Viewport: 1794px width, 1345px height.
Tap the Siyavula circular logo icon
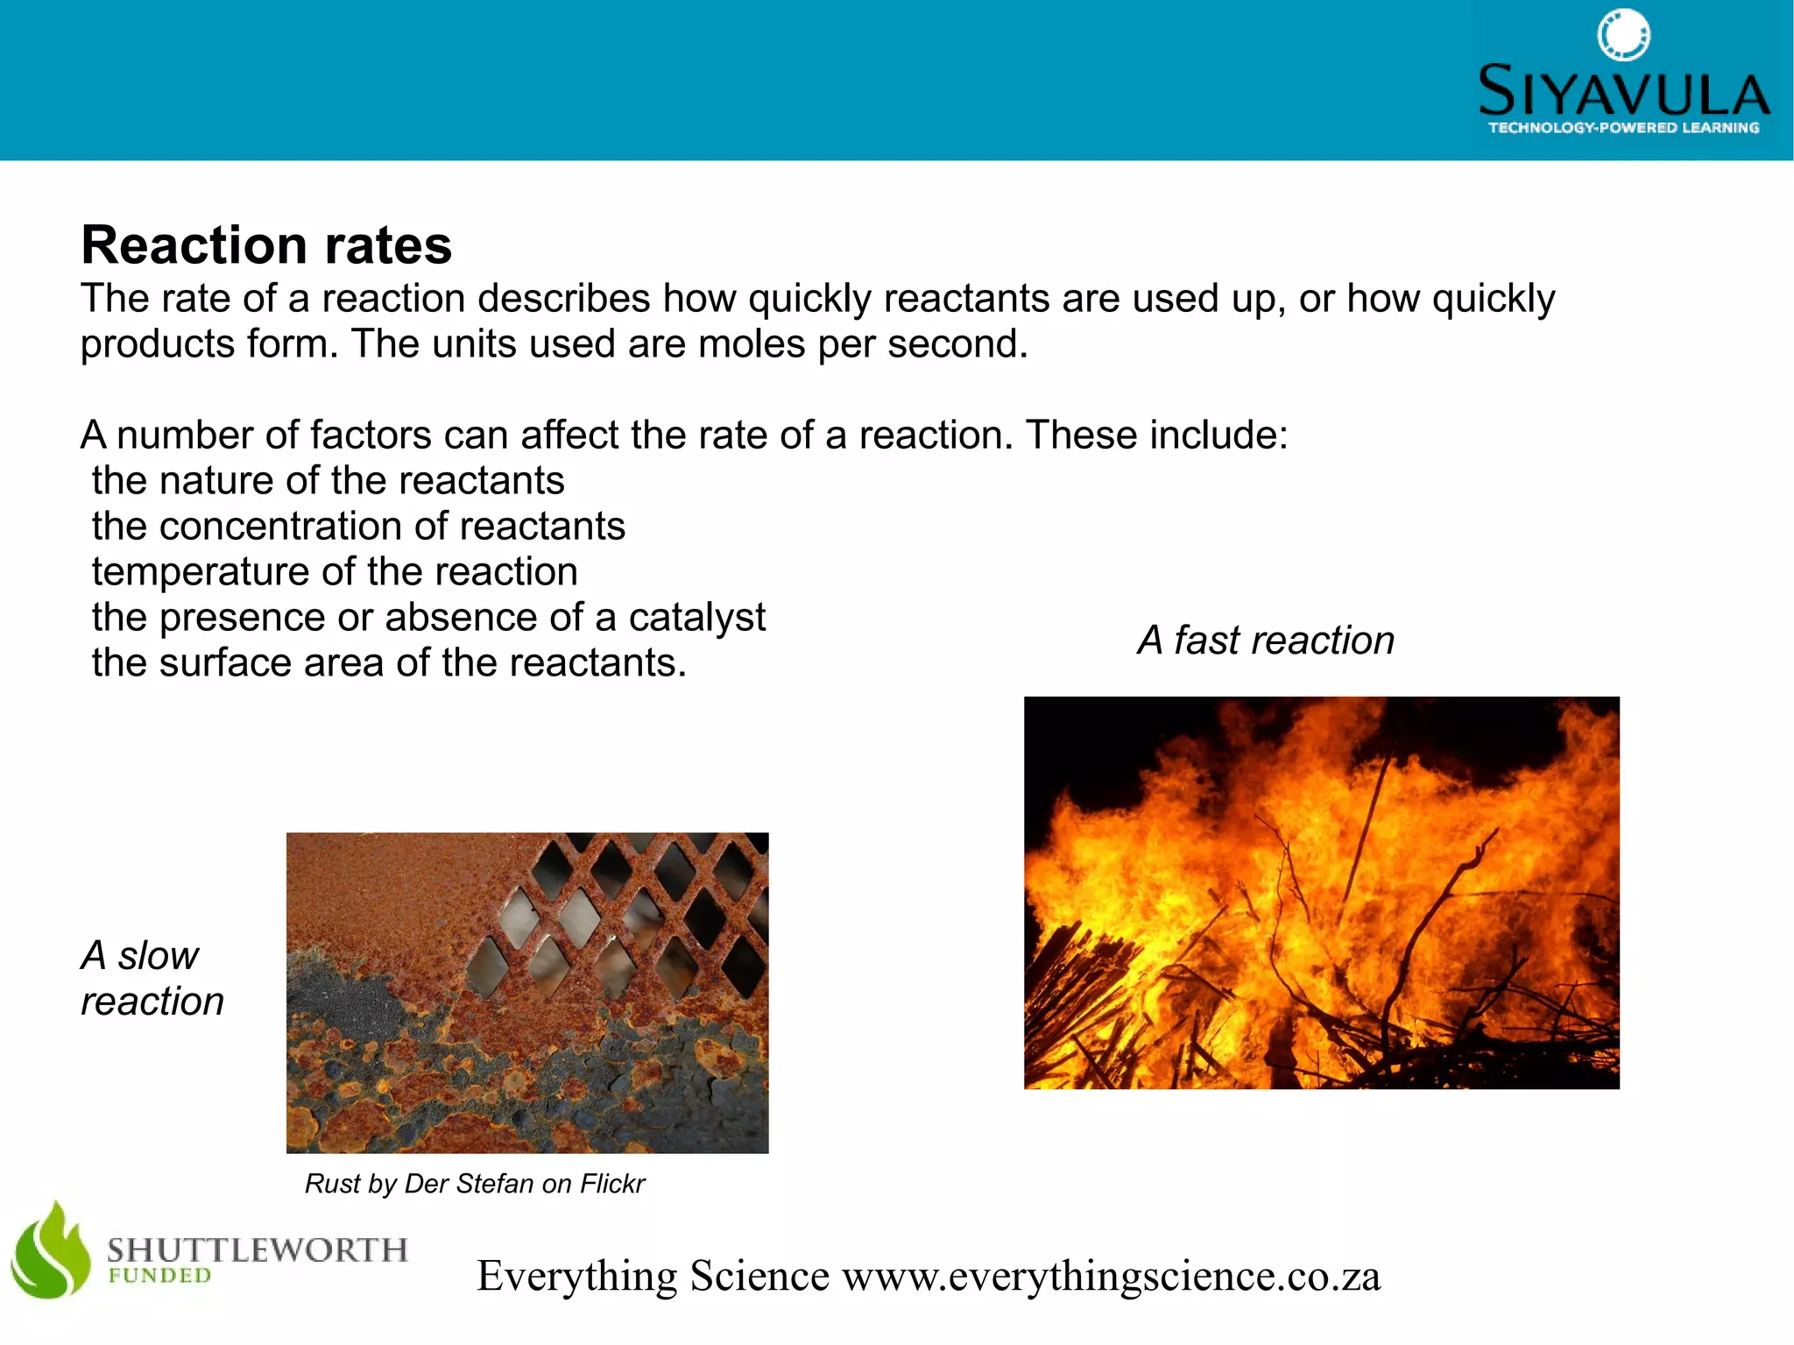(x=1623, y=36)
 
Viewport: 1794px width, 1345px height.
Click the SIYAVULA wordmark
(x=1623, y=91)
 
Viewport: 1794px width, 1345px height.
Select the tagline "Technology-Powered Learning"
(x=1623, y=128)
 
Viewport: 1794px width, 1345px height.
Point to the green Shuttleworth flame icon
(x=51, y=1250)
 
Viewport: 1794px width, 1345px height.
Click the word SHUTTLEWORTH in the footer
(x=258, y=1249)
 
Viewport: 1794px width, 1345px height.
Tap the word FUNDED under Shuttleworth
(x=159, y=1276)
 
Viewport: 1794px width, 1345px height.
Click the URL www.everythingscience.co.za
(x=1111, y=1276)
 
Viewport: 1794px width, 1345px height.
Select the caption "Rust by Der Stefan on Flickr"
(x=474, y=1184)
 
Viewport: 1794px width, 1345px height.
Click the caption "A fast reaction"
(x=1266, y=641)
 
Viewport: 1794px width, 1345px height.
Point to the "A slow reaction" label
(x=152, y=978)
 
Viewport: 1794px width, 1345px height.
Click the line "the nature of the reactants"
(x=328, y=481)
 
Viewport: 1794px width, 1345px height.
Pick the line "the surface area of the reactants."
(x=389, y=663)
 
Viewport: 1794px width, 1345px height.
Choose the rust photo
(x=527, y=993)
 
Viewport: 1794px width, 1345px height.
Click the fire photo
(x=1321, y=892)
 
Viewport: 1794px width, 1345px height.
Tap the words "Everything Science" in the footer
(x=653, y=1276)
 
